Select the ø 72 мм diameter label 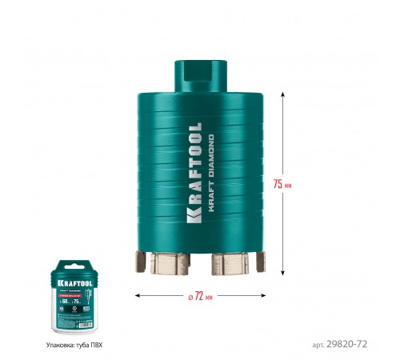pos(200,296)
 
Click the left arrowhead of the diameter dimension pos(137,296)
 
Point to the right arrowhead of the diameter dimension pos(262,296)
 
